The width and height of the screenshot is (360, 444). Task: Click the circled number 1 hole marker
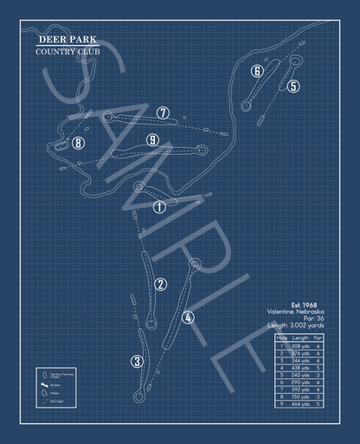pos(159,206)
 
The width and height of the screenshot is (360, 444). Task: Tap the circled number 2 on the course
pos(161,285)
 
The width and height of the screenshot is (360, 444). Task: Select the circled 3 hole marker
pos(137,361)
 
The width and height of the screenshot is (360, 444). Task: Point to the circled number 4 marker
pos(189,317)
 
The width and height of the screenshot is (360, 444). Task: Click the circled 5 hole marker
pos(293,86)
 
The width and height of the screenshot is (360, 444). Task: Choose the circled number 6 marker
pos(257,71)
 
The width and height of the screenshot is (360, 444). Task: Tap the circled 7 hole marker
pos(163,113)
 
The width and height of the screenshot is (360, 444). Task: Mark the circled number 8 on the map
pos(78,144)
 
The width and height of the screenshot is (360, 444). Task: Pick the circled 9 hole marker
pos(152,139)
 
